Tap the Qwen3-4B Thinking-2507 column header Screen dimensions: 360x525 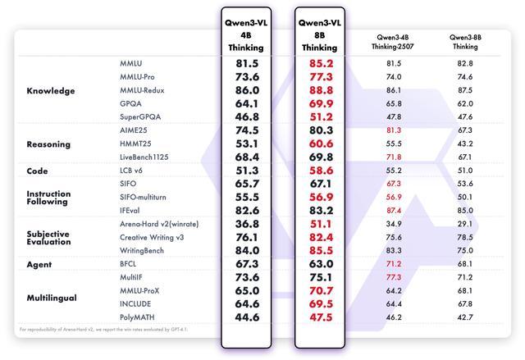coord(394,42)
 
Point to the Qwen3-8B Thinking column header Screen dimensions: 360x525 coord(465,42)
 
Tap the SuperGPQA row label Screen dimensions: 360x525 coord(140,117)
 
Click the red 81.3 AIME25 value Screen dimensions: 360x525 coord(394,130)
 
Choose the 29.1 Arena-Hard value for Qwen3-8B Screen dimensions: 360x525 coord(465,224)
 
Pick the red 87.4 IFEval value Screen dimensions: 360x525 coord(394,211)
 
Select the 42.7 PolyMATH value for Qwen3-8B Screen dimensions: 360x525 coord(465,317)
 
